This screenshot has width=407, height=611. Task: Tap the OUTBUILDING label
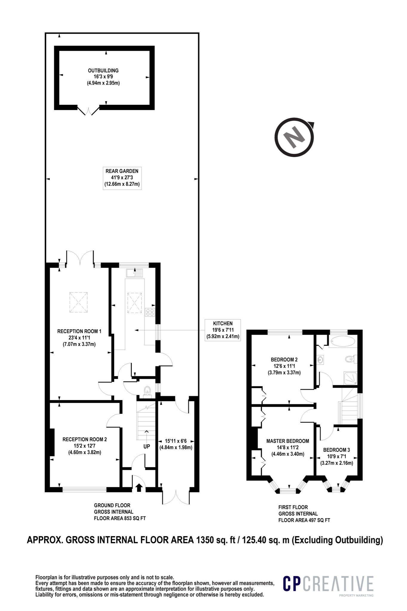pyautogui.click(x=103, y=71)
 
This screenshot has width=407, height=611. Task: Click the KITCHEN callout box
pyautogui.click(x=223, y=330)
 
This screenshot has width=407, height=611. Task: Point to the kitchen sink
pyautogui.click(x=134, y=273)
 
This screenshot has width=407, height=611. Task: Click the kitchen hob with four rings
pyautogui.click(x=150, y=312)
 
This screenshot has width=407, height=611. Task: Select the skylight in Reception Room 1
pyautogui.click(x=79, y=302)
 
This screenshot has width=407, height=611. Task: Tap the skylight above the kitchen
pyautogui.click(x=134, y=303)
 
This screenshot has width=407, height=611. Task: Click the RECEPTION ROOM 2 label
pyautogui.click(x=85, y=439)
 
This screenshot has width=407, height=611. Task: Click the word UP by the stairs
pyautogui.click(x=147, y=447)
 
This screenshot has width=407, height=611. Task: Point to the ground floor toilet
pyautogui.click(x=147, y=391)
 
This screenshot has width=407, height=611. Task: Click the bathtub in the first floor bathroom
pyautogui.click(x=342, y=341)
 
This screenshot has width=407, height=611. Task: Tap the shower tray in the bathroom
pyautogui.click(x=350, y=378)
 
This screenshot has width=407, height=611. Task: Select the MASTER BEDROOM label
pyautogui.click(x=288, y=441)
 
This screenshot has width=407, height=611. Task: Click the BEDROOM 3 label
pyautogui.click(x=337, y=450)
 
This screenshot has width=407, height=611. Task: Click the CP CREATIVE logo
pyautogui.click(x=328, y=584)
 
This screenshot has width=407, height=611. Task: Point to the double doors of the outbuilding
pyautogui.click(x=89, y=111)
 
